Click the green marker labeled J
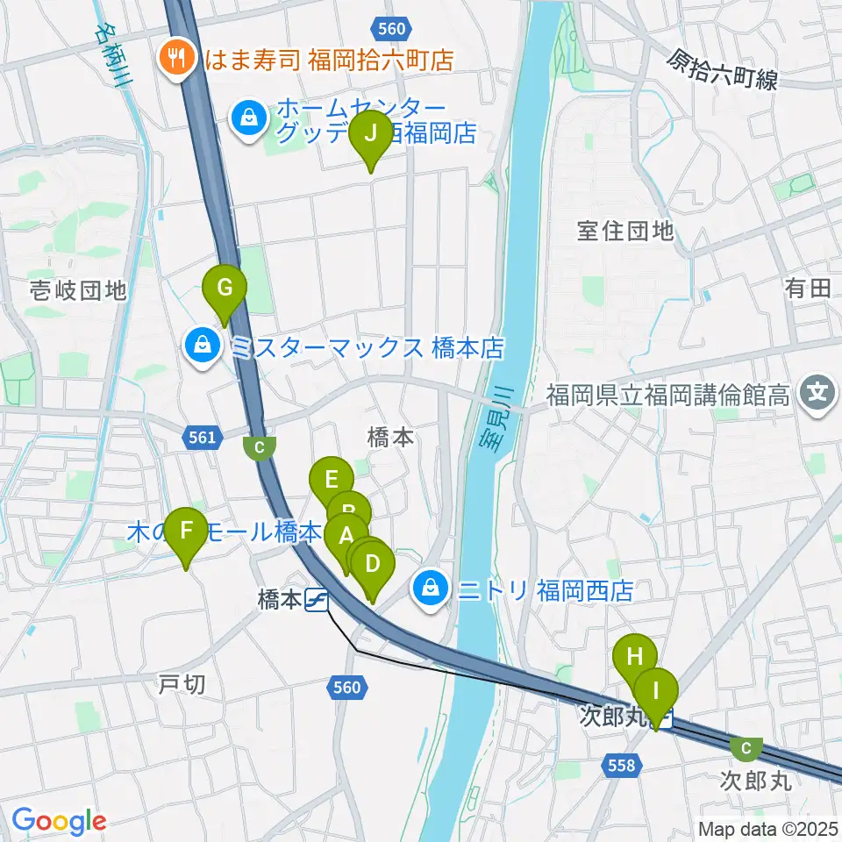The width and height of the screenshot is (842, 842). coord(370,135)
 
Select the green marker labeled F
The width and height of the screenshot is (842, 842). coord(186,532)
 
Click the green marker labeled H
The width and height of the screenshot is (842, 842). coord(634,657)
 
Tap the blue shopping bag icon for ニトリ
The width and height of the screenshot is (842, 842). coord(431,589)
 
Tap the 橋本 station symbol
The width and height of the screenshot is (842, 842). coord(317,600)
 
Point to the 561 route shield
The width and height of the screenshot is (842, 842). coord(201,435)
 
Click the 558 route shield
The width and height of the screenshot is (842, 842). coord(620,767)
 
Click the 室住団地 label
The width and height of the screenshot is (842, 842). coord(625,231)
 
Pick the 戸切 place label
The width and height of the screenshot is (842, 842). coord(183,684)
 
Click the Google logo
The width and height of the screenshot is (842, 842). coord(60,822)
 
